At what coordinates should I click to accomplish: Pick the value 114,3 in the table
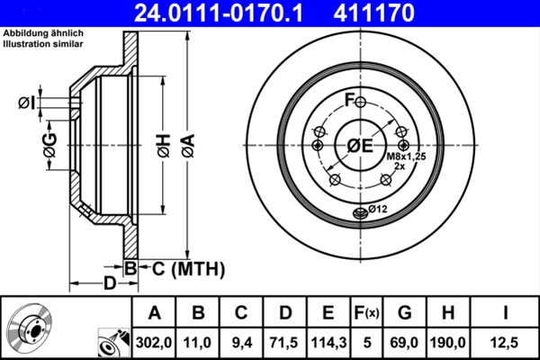pos(328,341)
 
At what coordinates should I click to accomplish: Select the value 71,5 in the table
pos(284,341)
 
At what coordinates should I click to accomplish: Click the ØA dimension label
pos(186,146)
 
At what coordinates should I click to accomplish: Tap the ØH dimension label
pos(162,146)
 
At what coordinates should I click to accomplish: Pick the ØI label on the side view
pos(26,103)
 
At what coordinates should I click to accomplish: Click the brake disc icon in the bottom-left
pos(34,328)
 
